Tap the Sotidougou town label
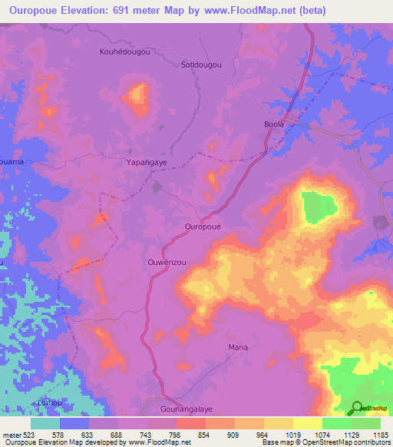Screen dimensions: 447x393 (x=200, y=65)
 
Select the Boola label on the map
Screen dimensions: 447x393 (x=274, y=124)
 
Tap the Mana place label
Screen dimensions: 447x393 (x=238, y=347)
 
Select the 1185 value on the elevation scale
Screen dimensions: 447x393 (x=380, y=435)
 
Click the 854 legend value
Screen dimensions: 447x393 (x=204, y=435)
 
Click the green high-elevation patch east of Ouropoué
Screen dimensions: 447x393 (x=318, y=206)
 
